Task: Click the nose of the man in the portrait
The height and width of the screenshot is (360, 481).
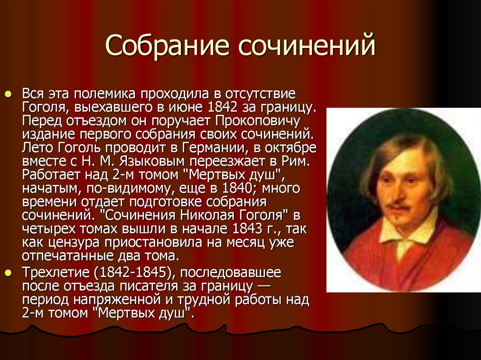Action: pyautogui.click(x=401, y=191)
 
